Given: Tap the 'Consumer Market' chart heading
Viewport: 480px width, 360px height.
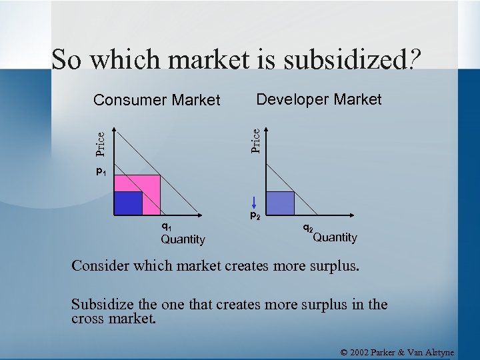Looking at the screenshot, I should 157,101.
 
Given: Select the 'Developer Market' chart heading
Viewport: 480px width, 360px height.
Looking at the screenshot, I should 319,100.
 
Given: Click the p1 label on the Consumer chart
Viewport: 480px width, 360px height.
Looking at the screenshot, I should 101,173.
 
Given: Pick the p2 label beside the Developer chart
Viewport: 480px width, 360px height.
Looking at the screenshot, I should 255,215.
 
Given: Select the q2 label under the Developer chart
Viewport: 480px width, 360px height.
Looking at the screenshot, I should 308,227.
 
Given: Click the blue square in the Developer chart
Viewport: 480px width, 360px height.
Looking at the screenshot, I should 281,203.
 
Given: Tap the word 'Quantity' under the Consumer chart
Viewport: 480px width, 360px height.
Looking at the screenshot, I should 183,239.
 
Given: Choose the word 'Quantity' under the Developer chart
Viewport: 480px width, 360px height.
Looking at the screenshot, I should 335,237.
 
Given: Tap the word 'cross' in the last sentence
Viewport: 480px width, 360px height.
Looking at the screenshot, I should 88,318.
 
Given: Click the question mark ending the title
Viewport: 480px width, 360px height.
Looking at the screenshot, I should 415,60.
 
